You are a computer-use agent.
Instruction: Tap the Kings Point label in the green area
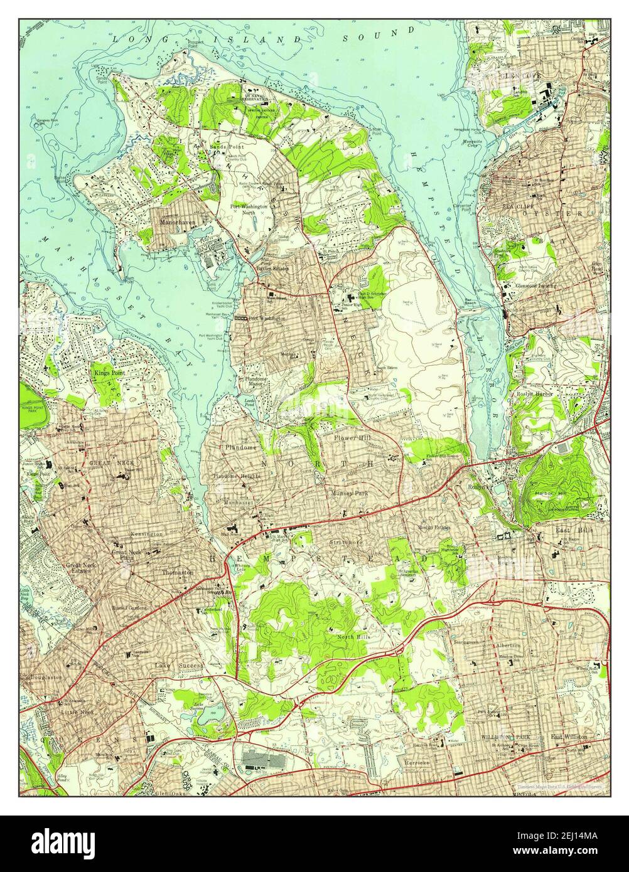(109, 373)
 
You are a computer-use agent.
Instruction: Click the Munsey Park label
(350, 494)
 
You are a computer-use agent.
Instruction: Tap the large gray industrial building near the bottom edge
(263, 761)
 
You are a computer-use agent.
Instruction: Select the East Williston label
(569, 736)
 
